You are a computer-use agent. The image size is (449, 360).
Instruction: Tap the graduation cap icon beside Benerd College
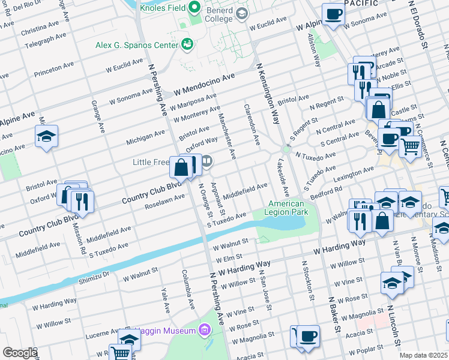pos(242,13)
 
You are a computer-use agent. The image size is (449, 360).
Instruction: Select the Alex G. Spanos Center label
pos(137,45)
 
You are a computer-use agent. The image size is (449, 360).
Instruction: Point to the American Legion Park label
pos(288,208)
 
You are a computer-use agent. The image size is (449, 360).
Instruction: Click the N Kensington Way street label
pos(268,93)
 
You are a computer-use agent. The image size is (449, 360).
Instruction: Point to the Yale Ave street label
pos(164,300)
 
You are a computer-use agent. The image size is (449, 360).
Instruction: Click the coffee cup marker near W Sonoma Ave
pos(333,14)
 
